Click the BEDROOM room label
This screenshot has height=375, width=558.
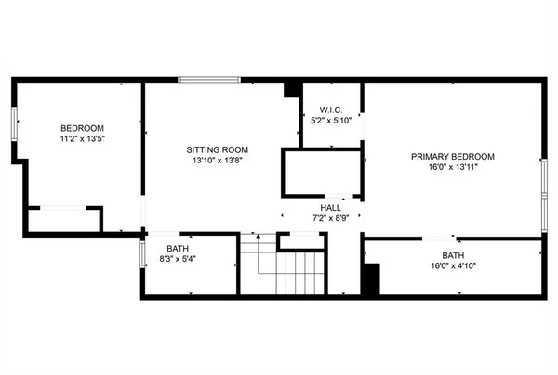pyautogui.click(x=82, y=128)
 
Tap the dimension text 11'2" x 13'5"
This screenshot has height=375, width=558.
pyautogui.click(x=82, y=139)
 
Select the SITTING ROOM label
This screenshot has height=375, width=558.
pyautogui.click(x=217, y=149)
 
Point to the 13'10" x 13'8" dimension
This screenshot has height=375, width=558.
pyautogui.click(x=217, y=161)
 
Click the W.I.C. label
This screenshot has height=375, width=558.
pyautogui.click(x=331, y=110)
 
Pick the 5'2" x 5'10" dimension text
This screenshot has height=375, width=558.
pyautogui.click(x=331, y=121)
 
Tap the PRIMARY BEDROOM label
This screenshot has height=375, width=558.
pyautogui.click(x=452, y=157)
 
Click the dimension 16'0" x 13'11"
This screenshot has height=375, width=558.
pyautogui.click(x=452, y=168)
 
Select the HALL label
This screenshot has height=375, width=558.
pyautogui.click(x=331, y=207)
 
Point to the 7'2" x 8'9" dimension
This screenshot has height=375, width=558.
pyautogui.click(x=331, y=218)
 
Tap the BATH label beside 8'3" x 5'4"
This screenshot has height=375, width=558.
pyautogui.click(x=177, y=248)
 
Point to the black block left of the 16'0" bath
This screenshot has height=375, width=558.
pyautogui.click(x=370, y=279)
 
